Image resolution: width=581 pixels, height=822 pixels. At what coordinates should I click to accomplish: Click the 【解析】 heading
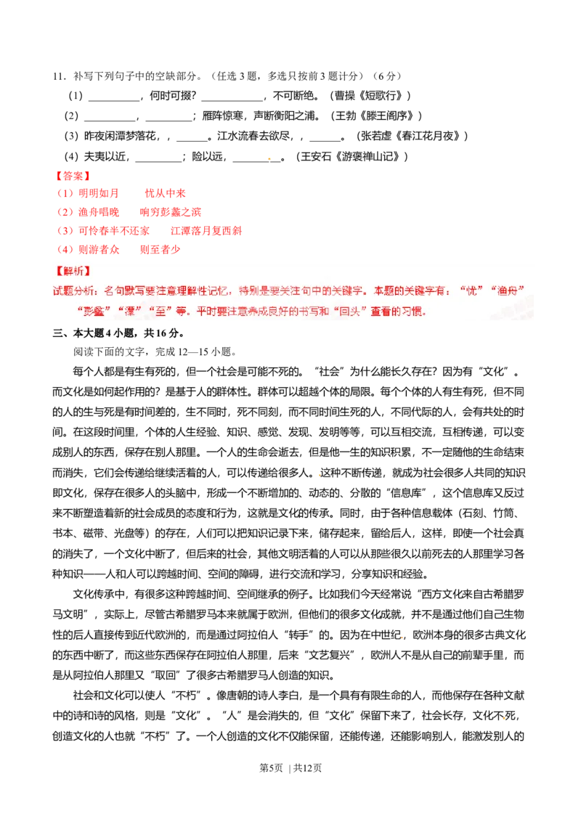(x=72, y=271)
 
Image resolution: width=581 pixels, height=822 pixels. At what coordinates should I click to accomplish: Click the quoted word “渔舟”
(x=508, y=290)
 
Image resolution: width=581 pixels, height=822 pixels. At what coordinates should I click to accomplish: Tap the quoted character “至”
(x=157, y=312)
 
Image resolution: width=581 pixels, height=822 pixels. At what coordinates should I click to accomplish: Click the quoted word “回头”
(x=348, y=312)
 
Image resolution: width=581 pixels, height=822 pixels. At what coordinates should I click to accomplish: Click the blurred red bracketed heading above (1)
(x=72, y=176)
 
